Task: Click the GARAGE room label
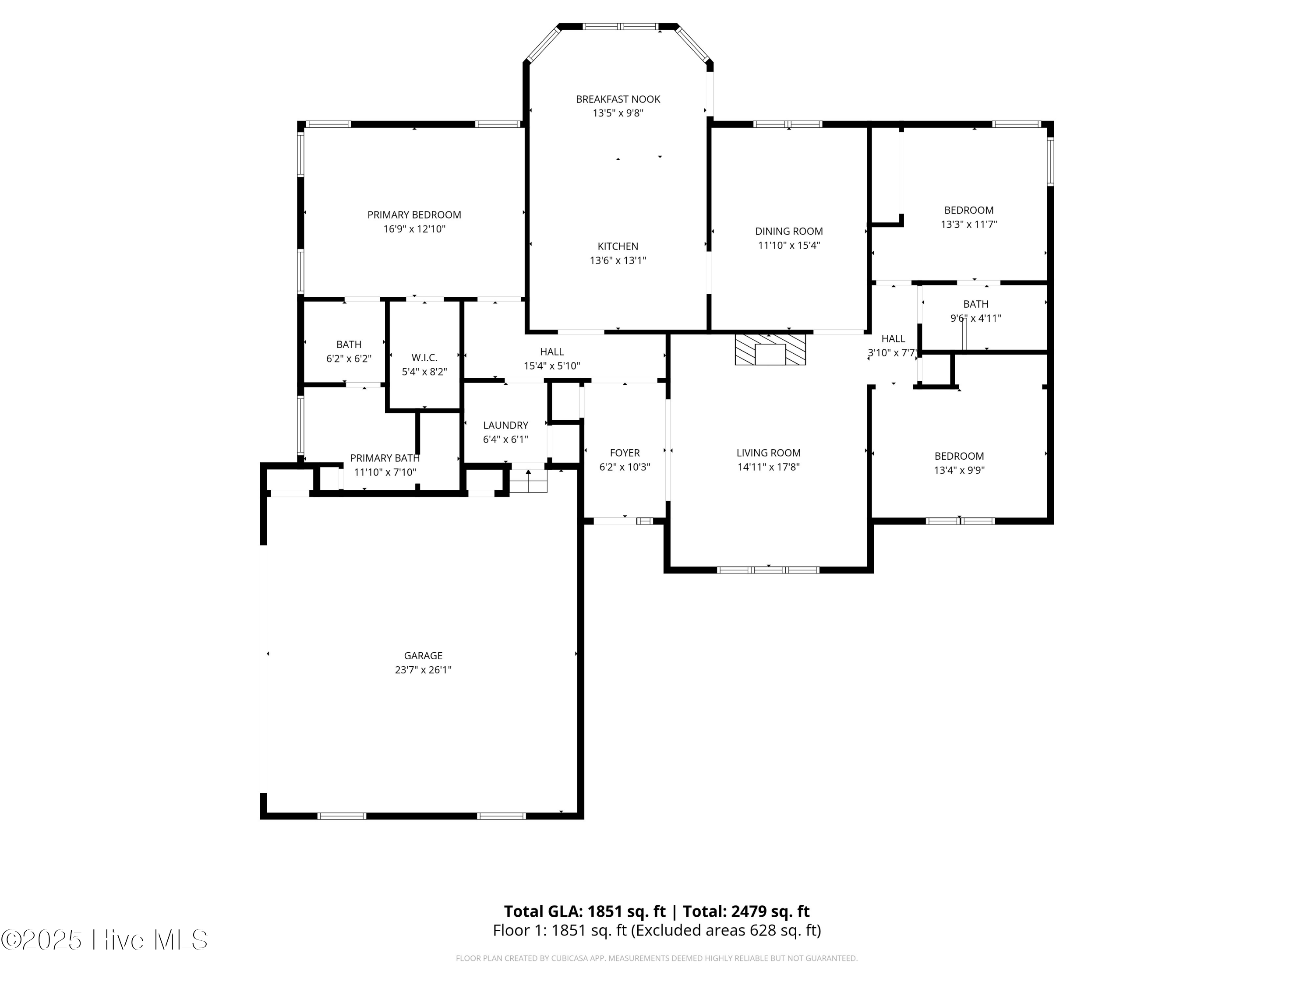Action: coord(423,655)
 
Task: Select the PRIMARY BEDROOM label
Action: coord(414,215)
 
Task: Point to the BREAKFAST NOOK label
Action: coord(618,99)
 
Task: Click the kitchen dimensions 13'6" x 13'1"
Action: coord(618,260)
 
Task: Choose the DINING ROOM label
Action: coord(789,231)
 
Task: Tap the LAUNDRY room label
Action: coord(505,425)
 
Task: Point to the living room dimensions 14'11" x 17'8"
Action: coord(769,467)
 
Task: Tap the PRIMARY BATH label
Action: coord(385,458)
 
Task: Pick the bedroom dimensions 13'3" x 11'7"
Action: coord(969,225)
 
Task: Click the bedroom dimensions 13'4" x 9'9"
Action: coord(959,470)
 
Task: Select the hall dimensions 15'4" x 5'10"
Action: coord(552,366)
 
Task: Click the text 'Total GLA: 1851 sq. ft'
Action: coord(585,911)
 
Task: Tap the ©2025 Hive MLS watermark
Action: coord(105,940)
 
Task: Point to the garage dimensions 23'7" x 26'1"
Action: coord(423,670)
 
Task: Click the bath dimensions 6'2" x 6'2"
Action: coord(349,359)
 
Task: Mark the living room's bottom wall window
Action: coord(768,570)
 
